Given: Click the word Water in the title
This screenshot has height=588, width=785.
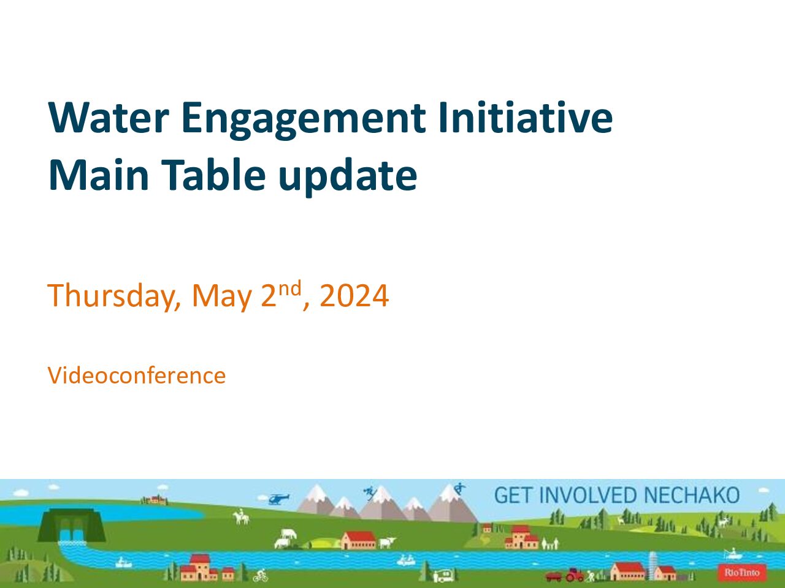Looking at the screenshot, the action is tap(109, 118).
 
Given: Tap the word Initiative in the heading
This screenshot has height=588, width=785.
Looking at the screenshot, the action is tap(526, 117).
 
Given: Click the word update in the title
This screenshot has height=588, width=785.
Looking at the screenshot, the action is tap(348, 178).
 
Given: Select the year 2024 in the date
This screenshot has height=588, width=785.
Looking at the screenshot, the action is tap(354, 295).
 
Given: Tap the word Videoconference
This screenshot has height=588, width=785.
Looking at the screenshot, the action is tap(137, 375).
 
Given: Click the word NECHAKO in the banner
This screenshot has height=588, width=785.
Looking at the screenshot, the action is tap(691, 495).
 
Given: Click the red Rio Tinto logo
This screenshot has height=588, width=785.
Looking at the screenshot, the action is tap(742, 573).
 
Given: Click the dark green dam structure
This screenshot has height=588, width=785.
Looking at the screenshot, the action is tap(72, 525).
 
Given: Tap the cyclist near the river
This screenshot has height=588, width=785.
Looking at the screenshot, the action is tap(261, 575).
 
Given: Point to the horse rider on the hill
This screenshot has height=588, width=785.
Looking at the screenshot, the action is tap(241, 516).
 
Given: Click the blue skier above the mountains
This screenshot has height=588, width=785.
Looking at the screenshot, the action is tap(370, 492).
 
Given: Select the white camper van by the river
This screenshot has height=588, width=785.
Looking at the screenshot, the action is tap(445, 575).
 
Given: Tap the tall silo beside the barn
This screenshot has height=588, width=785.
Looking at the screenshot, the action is tap(653, 565).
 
